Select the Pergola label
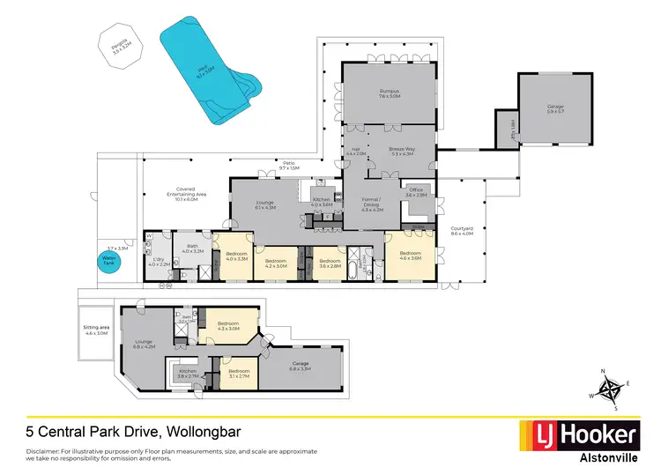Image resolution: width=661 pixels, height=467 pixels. click(x=121, y=44)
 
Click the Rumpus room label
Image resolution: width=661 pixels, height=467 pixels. click(x=389, y=92)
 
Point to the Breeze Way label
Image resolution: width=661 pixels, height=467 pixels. click(x=402, y=152)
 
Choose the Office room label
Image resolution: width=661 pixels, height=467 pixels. click(x=416, y=192)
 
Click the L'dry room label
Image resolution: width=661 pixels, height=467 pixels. click(x=159, y=261)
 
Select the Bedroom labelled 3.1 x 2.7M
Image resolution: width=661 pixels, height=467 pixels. click(x=239, y=374)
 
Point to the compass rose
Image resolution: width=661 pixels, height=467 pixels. click(x=609, y=389)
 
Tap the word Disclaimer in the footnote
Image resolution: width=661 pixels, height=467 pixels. click(x=41, y=450)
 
